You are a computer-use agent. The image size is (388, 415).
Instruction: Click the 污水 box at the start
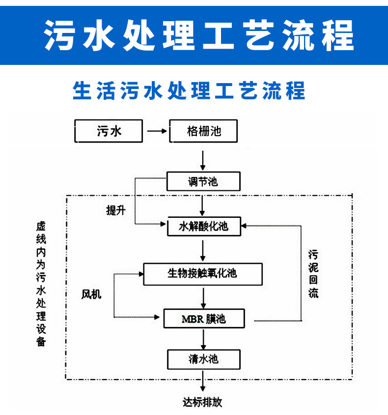(x=108, y=131)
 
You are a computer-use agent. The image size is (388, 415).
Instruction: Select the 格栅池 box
(x=203, y=131)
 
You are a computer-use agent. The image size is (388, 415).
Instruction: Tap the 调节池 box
(x=203, y=181)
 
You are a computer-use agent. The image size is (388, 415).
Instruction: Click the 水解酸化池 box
(x=204, y=226)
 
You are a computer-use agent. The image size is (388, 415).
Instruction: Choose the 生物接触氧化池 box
(x=202, y=273)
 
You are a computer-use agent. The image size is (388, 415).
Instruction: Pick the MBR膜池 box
(x=204, y=319)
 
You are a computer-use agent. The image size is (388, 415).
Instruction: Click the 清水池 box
(x=203, y=359)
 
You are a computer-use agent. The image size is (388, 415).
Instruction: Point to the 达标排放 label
(x=202, y=402)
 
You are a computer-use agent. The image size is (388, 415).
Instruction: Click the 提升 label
(x=116, y=210)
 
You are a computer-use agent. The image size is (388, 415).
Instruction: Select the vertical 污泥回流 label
(x=313, y=274)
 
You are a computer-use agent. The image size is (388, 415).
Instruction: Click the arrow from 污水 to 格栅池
(x=157, y=131)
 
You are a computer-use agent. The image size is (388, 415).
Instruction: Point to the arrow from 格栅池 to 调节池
(x=203, y=159)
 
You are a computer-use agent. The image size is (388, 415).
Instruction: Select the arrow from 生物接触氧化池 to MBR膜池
(x=203, y=297)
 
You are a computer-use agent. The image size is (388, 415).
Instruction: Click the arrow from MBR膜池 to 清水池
(x=203, y=339)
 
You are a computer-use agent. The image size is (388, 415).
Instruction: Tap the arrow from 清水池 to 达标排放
(x=203, y=381)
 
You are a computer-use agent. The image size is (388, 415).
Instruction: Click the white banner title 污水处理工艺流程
(x=198, y=34)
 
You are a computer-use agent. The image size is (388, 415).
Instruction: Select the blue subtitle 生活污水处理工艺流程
(x=190, y=90)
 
